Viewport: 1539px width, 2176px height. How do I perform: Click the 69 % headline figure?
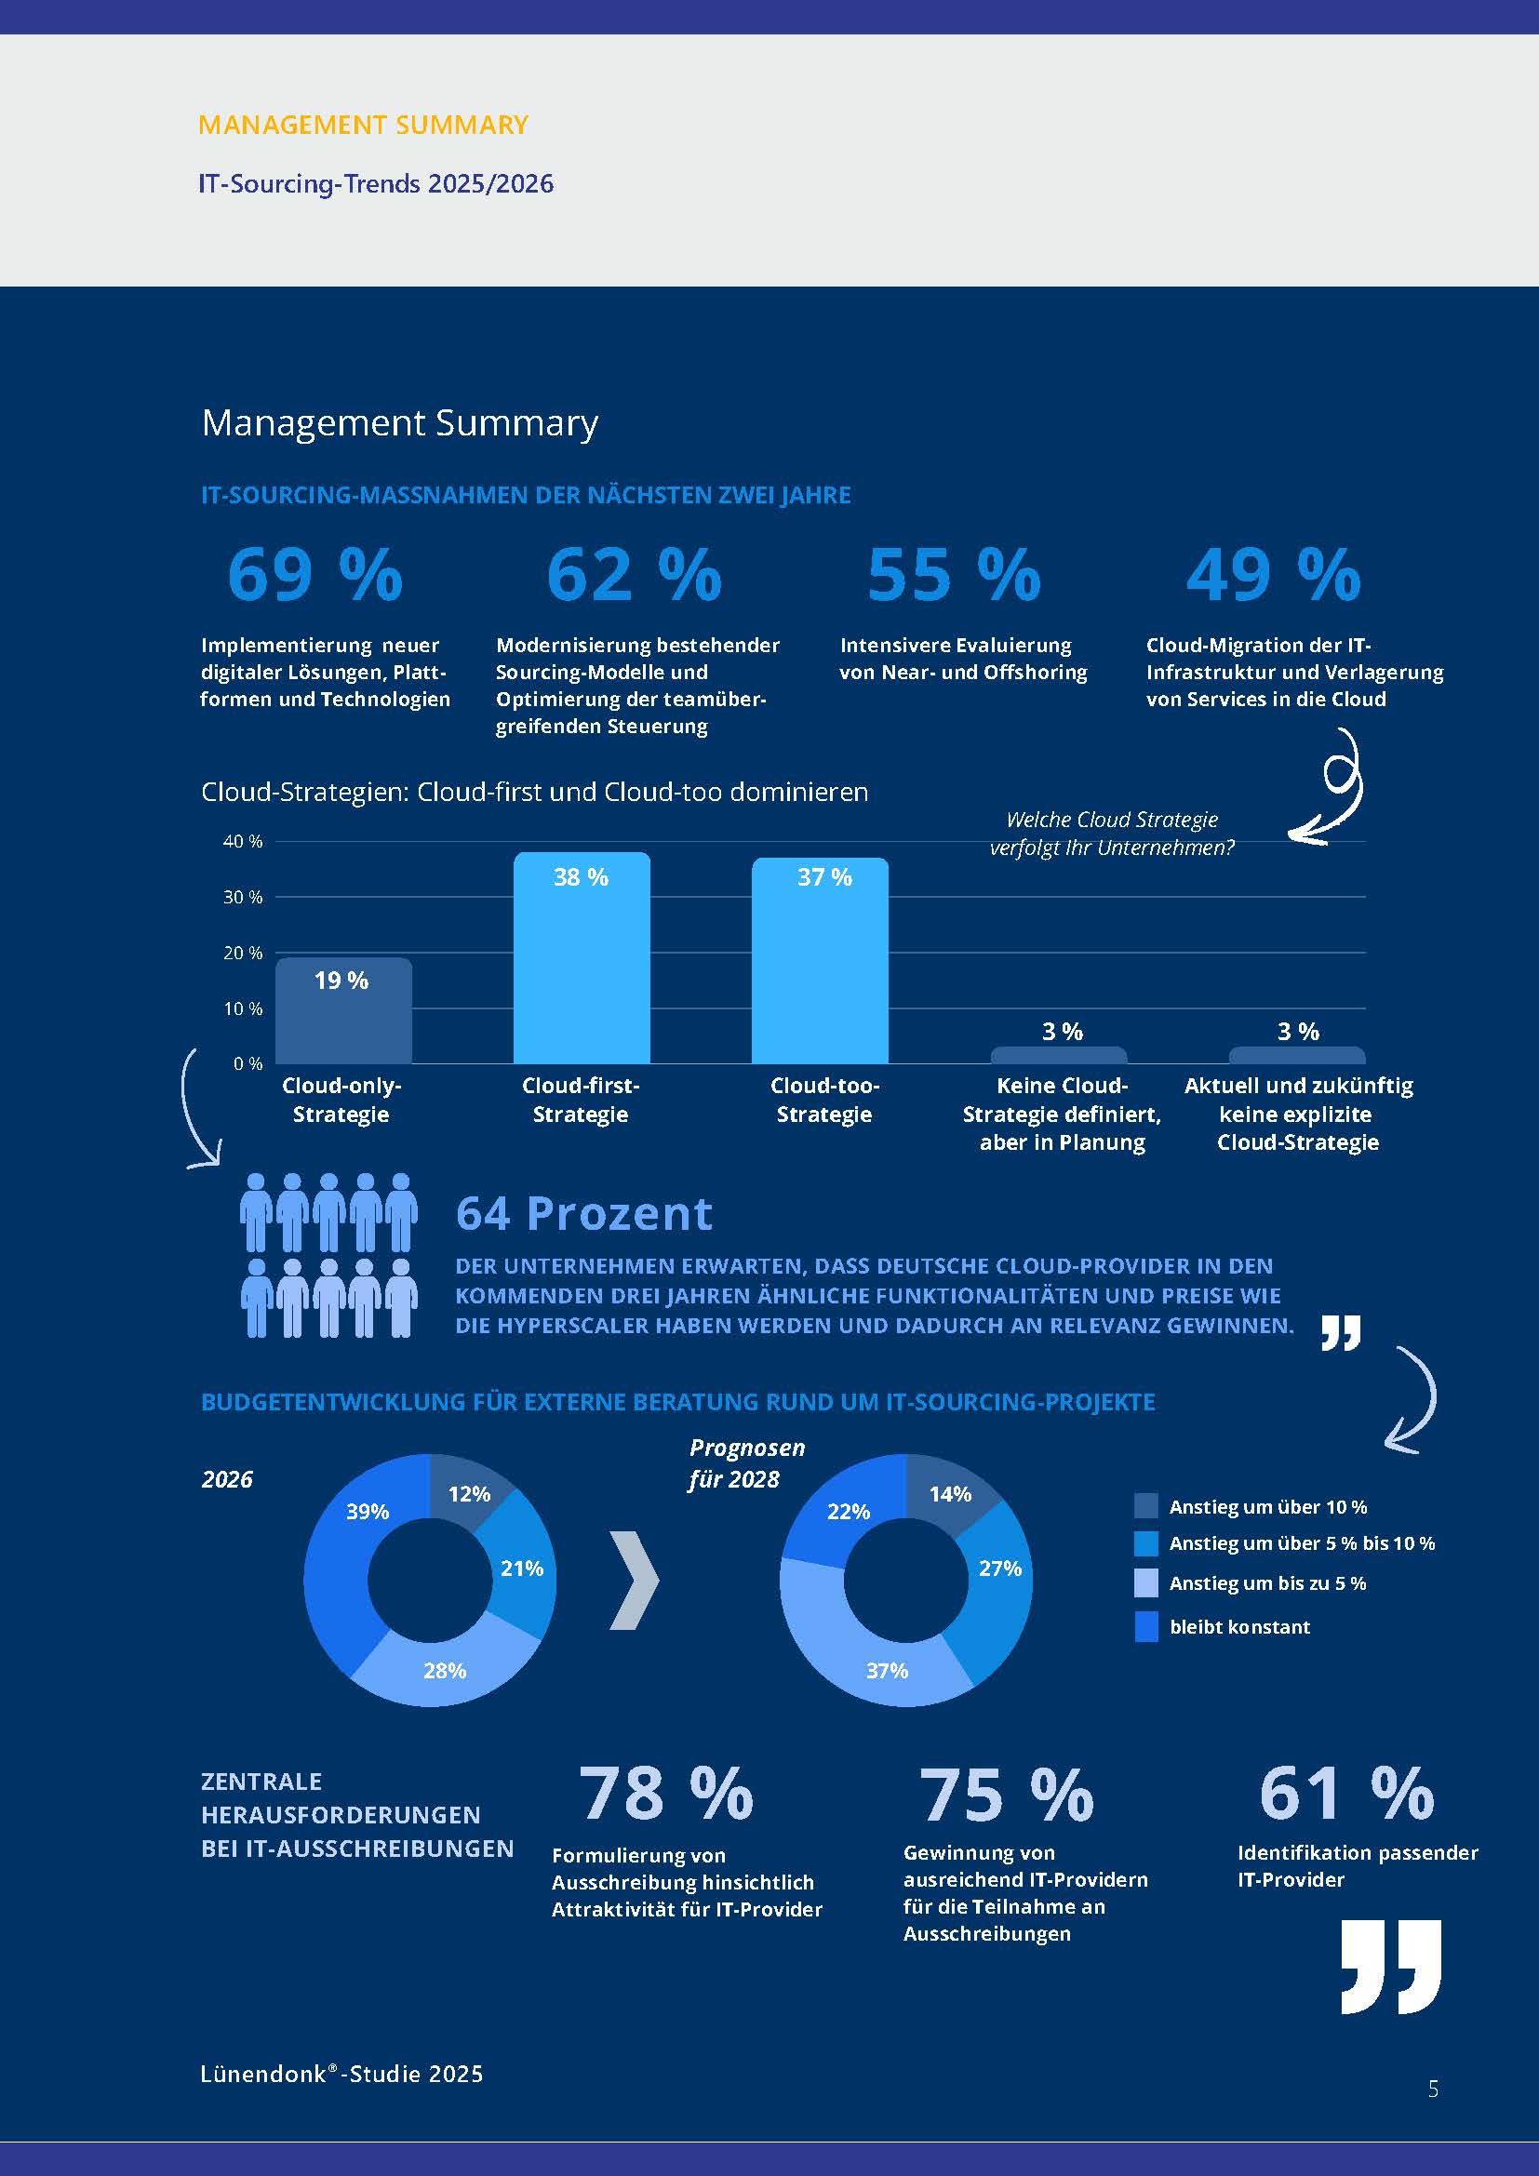[x=314, y=574]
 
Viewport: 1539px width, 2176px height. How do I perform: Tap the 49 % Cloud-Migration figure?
[x=1273, y=574]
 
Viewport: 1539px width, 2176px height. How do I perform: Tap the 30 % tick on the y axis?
[x=243, y=897]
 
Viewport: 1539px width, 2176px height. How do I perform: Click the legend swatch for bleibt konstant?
[x=1145, y=1626]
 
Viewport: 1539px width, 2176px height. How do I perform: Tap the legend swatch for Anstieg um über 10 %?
[x=1145, y=1506]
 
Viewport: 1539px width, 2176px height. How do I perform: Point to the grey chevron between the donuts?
[x=633, y=1580]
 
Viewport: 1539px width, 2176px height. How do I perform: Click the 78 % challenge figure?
[x=665, y=1793]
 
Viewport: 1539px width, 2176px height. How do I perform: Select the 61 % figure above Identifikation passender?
[x=1345, y=1793]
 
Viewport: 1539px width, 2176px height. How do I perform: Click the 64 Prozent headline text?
[x=583, y=1214]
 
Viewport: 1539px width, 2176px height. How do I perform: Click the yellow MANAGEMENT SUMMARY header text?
[x=363, y=125]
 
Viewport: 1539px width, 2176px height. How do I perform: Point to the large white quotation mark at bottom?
[x=1390, y=1966]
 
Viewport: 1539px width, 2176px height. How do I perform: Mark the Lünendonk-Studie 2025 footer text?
[x=341, y=2074]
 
